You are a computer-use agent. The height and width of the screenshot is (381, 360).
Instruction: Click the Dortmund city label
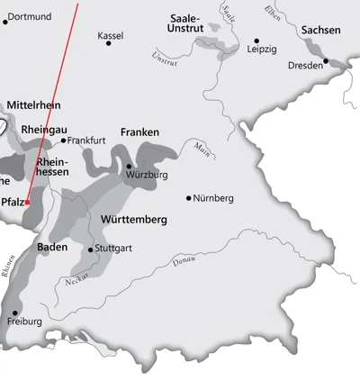(30, 16)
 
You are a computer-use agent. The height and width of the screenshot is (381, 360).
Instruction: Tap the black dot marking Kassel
(109, 42)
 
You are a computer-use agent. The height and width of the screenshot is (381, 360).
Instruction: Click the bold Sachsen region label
(321, 30)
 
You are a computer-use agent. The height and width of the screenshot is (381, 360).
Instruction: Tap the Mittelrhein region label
(33, 105)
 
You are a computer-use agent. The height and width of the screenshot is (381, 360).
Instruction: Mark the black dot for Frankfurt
(64, 141)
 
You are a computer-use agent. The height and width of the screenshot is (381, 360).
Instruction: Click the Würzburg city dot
(129, 166)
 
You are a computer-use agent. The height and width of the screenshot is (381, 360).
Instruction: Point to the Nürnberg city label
(215, 197)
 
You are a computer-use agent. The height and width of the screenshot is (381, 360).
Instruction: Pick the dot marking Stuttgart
(90, 249)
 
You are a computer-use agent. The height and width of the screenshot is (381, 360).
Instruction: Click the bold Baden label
(52, 246)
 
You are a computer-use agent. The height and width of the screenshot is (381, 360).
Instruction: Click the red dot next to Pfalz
(28, 203)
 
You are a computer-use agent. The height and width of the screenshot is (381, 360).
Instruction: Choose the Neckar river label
(77, 281)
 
